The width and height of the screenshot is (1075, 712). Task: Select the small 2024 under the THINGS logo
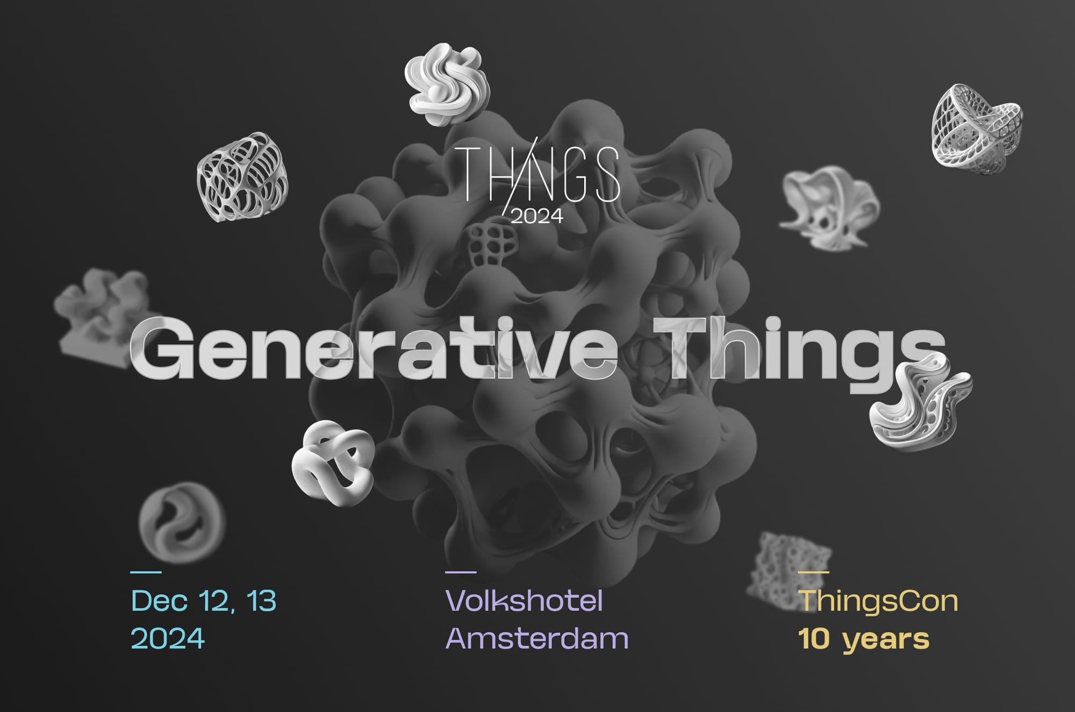[536, 216]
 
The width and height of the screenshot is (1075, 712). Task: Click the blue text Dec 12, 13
[204, 601]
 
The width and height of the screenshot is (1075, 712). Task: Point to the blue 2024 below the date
[168, 639]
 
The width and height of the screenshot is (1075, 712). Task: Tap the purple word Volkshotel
[524, 601]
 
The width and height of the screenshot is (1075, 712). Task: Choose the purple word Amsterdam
[537, 639]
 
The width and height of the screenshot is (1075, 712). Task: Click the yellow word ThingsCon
[878, 601]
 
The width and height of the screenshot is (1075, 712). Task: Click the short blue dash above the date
[146, 572]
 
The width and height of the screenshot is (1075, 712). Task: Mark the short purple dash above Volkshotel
[461, 572]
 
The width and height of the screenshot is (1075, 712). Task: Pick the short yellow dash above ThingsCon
[814, 572]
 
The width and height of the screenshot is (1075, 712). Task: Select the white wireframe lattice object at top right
[977, 129]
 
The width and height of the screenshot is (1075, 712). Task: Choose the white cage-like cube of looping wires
[242, 177]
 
